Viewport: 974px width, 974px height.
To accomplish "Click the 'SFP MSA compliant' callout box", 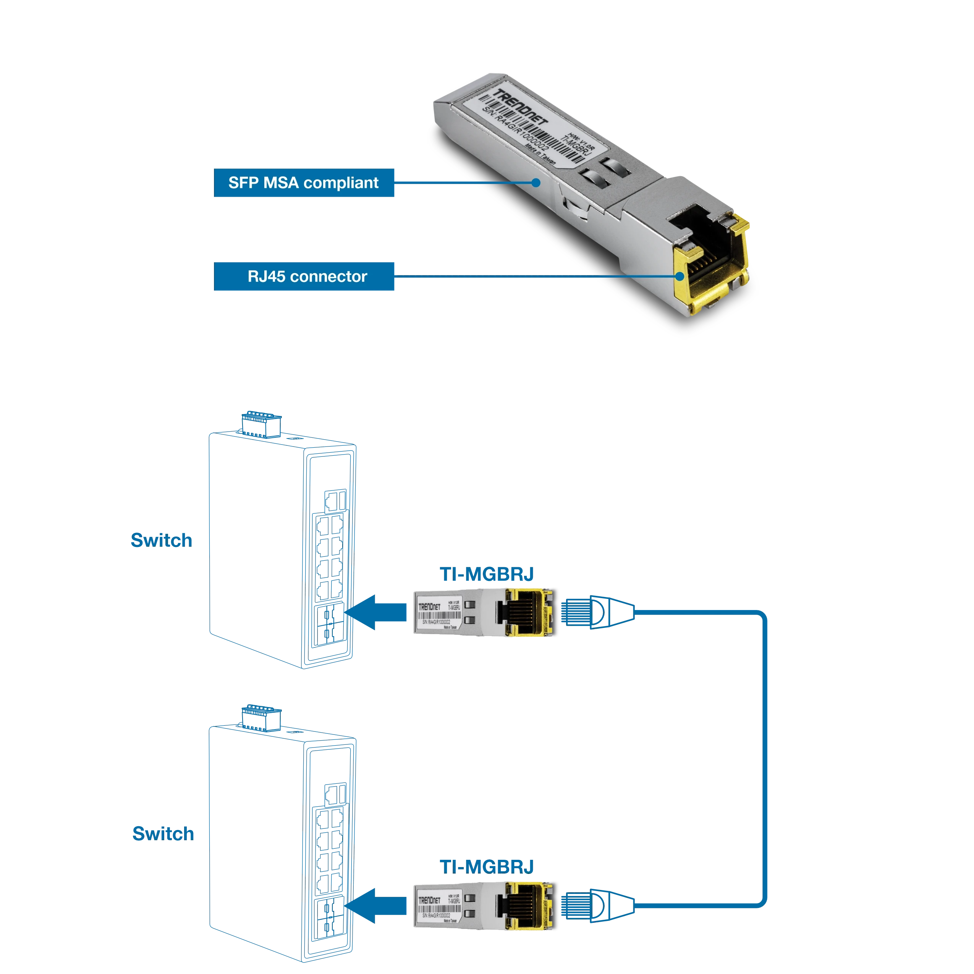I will point(304,183).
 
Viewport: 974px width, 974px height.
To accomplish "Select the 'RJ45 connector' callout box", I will point(304,276).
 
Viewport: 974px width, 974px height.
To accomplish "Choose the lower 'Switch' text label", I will point(163,833).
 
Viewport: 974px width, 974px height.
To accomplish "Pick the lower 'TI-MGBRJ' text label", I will point(487,867).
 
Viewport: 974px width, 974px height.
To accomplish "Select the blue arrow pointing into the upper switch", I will point(378,613).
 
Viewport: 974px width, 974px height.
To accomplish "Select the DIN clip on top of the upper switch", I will point(261,424).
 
